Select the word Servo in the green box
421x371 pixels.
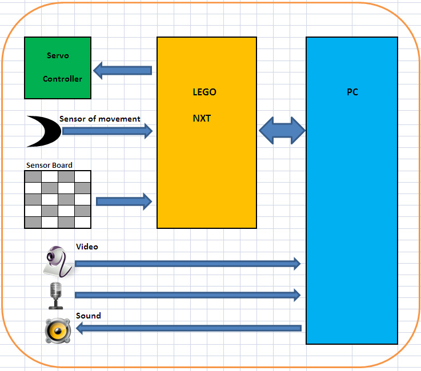pos(58,56)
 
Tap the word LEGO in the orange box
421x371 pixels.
pos(205,92)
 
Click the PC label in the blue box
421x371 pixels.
pos(352,92)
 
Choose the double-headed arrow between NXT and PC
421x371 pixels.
pos(282,131)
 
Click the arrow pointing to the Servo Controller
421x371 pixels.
pos(122,70)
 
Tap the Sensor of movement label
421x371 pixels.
pos(99,119)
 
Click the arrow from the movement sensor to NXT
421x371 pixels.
pos(107,131)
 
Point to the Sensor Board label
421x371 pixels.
pos(49,166)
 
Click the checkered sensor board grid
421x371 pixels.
pos(58,199)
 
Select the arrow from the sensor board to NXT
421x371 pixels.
pos(124,201)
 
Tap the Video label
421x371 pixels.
pos(87,247)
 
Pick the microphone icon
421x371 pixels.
pos(55,295)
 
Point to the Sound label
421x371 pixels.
pos(88,316)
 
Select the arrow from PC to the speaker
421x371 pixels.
pos(189,328)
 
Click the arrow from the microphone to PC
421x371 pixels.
pos(187,295)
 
